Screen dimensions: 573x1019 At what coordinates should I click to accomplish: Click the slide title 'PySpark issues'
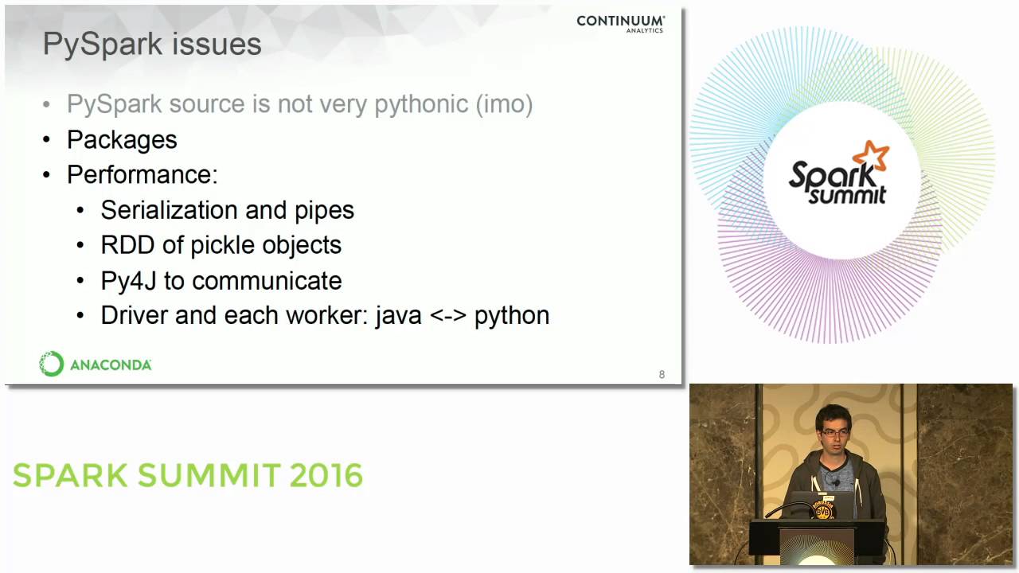152,45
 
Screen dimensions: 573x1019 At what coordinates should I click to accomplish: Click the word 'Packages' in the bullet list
122,140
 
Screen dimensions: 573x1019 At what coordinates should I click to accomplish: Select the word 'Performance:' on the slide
142,175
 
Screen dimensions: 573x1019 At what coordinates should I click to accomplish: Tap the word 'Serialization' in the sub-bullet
170,210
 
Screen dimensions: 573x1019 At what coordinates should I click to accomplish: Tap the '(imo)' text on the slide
504,104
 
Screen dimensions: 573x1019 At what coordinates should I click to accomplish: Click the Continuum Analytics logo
620,24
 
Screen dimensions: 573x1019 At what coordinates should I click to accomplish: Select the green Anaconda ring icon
52,364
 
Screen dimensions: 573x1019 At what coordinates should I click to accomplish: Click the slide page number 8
662,375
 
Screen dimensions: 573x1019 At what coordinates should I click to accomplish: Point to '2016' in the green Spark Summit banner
326,476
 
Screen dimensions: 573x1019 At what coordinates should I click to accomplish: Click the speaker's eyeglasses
833,432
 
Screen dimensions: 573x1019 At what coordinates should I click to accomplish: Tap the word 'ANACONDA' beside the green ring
111,365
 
